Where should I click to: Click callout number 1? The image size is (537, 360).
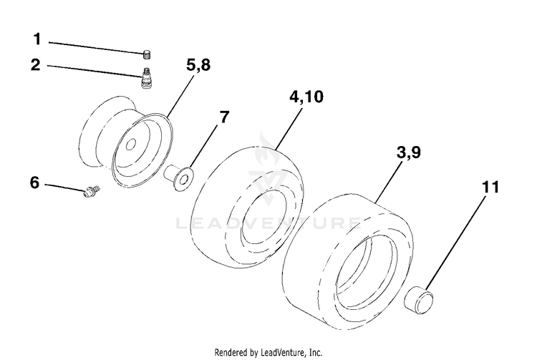pyautogui.click(x=37, y=39)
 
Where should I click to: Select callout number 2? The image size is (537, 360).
pyautogui.click(x=36, y=64)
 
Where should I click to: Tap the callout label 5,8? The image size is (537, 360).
pyautogui.click(x=198, y=64)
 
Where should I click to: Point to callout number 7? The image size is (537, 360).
pyautogui.click(x=223, y=117)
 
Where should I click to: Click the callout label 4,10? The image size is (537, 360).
pyautogui.click(x=306, y=97)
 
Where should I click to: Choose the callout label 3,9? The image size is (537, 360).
pyautogui.click(x=409, y=152)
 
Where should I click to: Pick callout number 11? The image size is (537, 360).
pyautogui.click(x=490, y=188)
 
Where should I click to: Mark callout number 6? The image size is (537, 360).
pyautogui.click(x=35, y=183)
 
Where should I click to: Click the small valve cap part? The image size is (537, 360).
pyautogui.click(x=147, y=54)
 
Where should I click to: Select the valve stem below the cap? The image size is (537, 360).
pyautogui.click(x=147, y=78)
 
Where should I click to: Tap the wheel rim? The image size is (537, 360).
pyautogui.click(x=126, y=142)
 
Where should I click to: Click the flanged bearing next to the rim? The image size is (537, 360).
pyautogui.click(x=178, y=177)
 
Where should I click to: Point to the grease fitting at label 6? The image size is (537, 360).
pyautogui.click(x=92, y=190)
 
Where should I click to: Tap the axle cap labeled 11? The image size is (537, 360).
pyautogui.click(x=419, y=301)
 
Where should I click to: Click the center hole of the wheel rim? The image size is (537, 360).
pyautogui.click(x=130, y=145)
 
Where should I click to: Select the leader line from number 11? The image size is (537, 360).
pyautogui.click(x=456, y=243)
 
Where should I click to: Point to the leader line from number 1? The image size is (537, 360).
pyautogui.click(x=95, y=47)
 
